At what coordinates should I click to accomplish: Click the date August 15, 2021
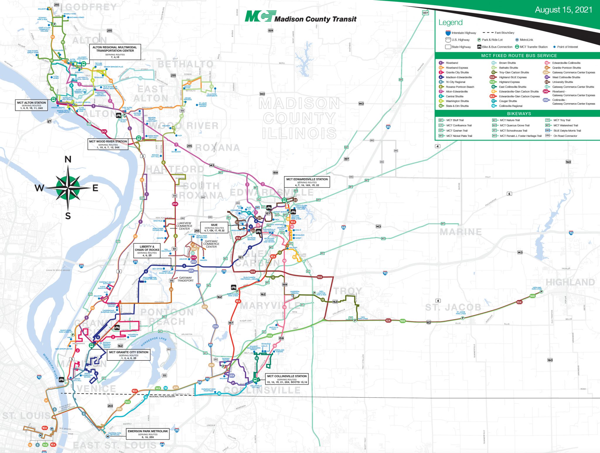563,10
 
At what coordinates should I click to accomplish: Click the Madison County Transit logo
301,17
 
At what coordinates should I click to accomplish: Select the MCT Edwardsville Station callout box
307,182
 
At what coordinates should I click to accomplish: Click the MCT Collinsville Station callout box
287,379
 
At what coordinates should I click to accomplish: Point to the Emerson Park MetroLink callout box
148,434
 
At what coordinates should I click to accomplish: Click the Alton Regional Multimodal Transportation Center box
115,52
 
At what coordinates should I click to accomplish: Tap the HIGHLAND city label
570,282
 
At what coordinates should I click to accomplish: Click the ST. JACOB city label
453,307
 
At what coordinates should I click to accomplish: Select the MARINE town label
461,232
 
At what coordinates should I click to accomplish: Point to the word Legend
450,23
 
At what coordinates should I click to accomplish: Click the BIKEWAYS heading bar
519,114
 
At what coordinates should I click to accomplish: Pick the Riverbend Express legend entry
456,68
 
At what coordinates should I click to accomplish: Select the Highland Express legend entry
509,82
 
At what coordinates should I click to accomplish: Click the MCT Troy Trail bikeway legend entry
562,120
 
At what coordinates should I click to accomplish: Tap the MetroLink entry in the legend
526,40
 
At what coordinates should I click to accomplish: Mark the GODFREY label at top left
91,7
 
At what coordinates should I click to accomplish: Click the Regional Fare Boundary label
162,396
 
